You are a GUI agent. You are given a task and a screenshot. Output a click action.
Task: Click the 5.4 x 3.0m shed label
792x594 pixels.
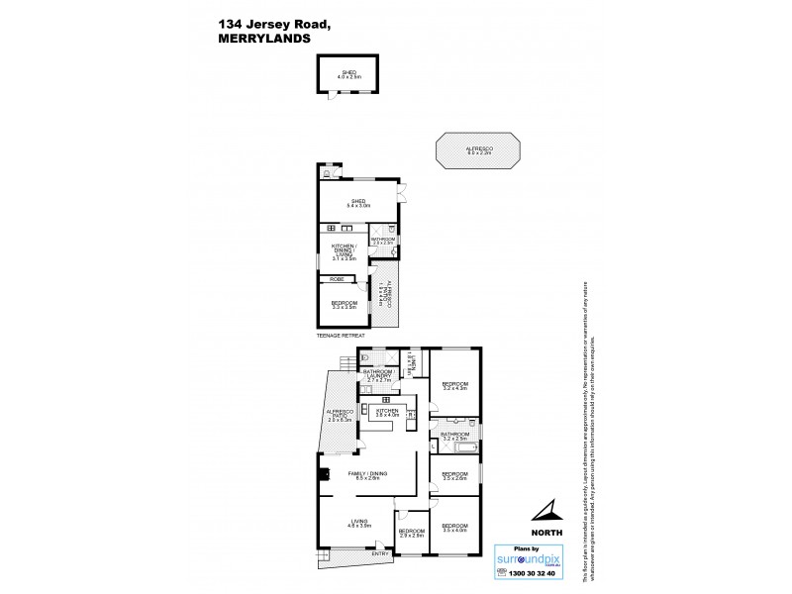pyautogui.click(x=357, y=204)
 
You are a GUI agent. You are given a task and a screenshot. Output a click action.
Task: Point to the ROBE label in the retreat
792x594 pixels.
pyautogui.click(x=339, y=280)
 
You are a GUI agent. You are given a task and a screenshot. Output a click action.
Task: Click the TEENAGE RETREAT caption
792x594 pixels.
pyautogui.click(x=341, y=336)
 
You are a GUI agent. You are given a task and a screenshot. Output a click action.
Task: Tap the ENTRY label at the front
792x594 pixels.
pyautogui.click(x=380, y=553)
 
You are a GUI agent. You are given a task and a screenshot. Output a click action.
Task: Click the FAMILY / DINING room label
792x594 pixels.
pyautogui.click(x=367, y=476)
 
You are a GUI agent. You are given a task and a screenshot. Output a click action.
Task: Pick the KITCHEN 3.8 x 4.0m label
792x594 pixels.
pyautogui.click(x=386, y=412)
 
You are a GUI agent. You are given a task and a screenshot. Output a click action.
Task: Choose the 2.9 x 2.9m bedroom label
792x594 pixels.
pyautogui.click(x=411, y=533)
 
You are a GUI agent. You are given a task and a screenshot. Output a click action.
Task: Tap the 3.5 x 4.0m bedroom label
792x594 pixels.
pyautogui.click(x=454, y=528)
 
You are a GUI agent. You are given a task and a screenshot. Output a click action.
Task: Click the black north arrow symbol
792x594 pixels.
pyautogui.click(x=545, y=511)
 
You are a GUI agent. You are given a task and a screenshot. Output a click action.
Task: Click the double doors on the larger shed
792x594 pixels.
pyautogui.click(x=402, y=194)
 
